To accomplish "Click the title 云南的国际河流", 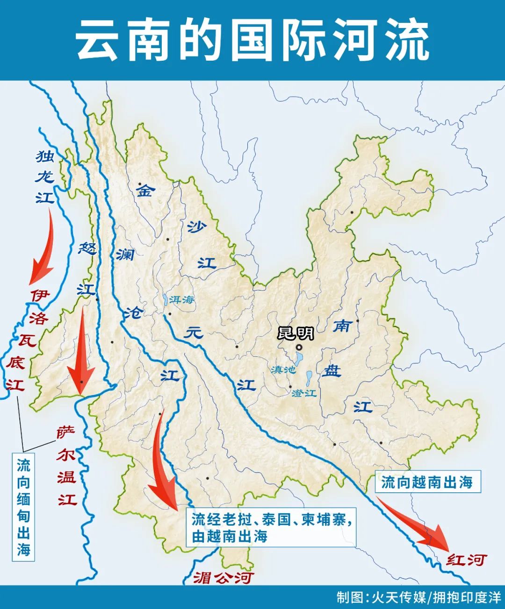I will (x=252, y=40).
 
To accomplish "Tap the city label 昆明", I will (x=296, y=333).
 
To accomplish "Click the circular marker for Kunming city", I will (x=299, y=347).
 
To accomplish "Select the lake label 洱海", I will (x=181, y=300).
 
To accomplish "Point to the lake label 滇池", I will (x=283, y=369).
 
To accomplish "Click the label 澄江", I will (x=304, y=393).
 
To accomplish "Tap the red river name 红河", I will (x=466, y=559).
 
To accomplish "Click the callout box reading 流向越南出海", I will (x=427, y=482).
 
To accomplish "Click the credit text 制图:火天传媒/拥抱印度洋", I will (x=418, y=597).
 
